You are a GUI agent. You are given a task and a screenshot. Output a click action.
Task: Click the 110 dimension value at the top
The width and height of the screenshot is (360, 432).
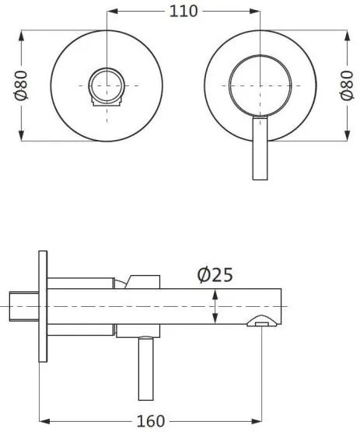coord(183,11)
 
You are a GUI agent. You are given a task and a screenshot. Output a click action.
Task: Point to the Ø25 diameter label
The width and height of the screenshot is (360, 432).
coord(215,274)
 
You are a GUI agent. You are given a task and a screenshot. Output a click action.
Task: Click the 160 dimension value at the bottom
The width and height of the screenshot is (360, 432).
coord(150,420)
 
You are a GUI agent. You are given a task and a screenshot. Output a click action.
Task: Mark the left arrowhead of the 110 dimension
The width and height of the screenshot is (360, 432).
coord(111,12)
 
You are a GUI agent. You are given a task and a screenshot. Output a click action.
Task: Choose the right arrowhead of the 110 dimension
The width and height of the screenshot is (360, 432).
coord(256,12)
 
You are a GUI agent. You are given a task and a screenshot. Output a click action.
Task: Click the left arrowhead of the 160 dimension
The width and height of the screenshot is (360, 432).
coord(43,420)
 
